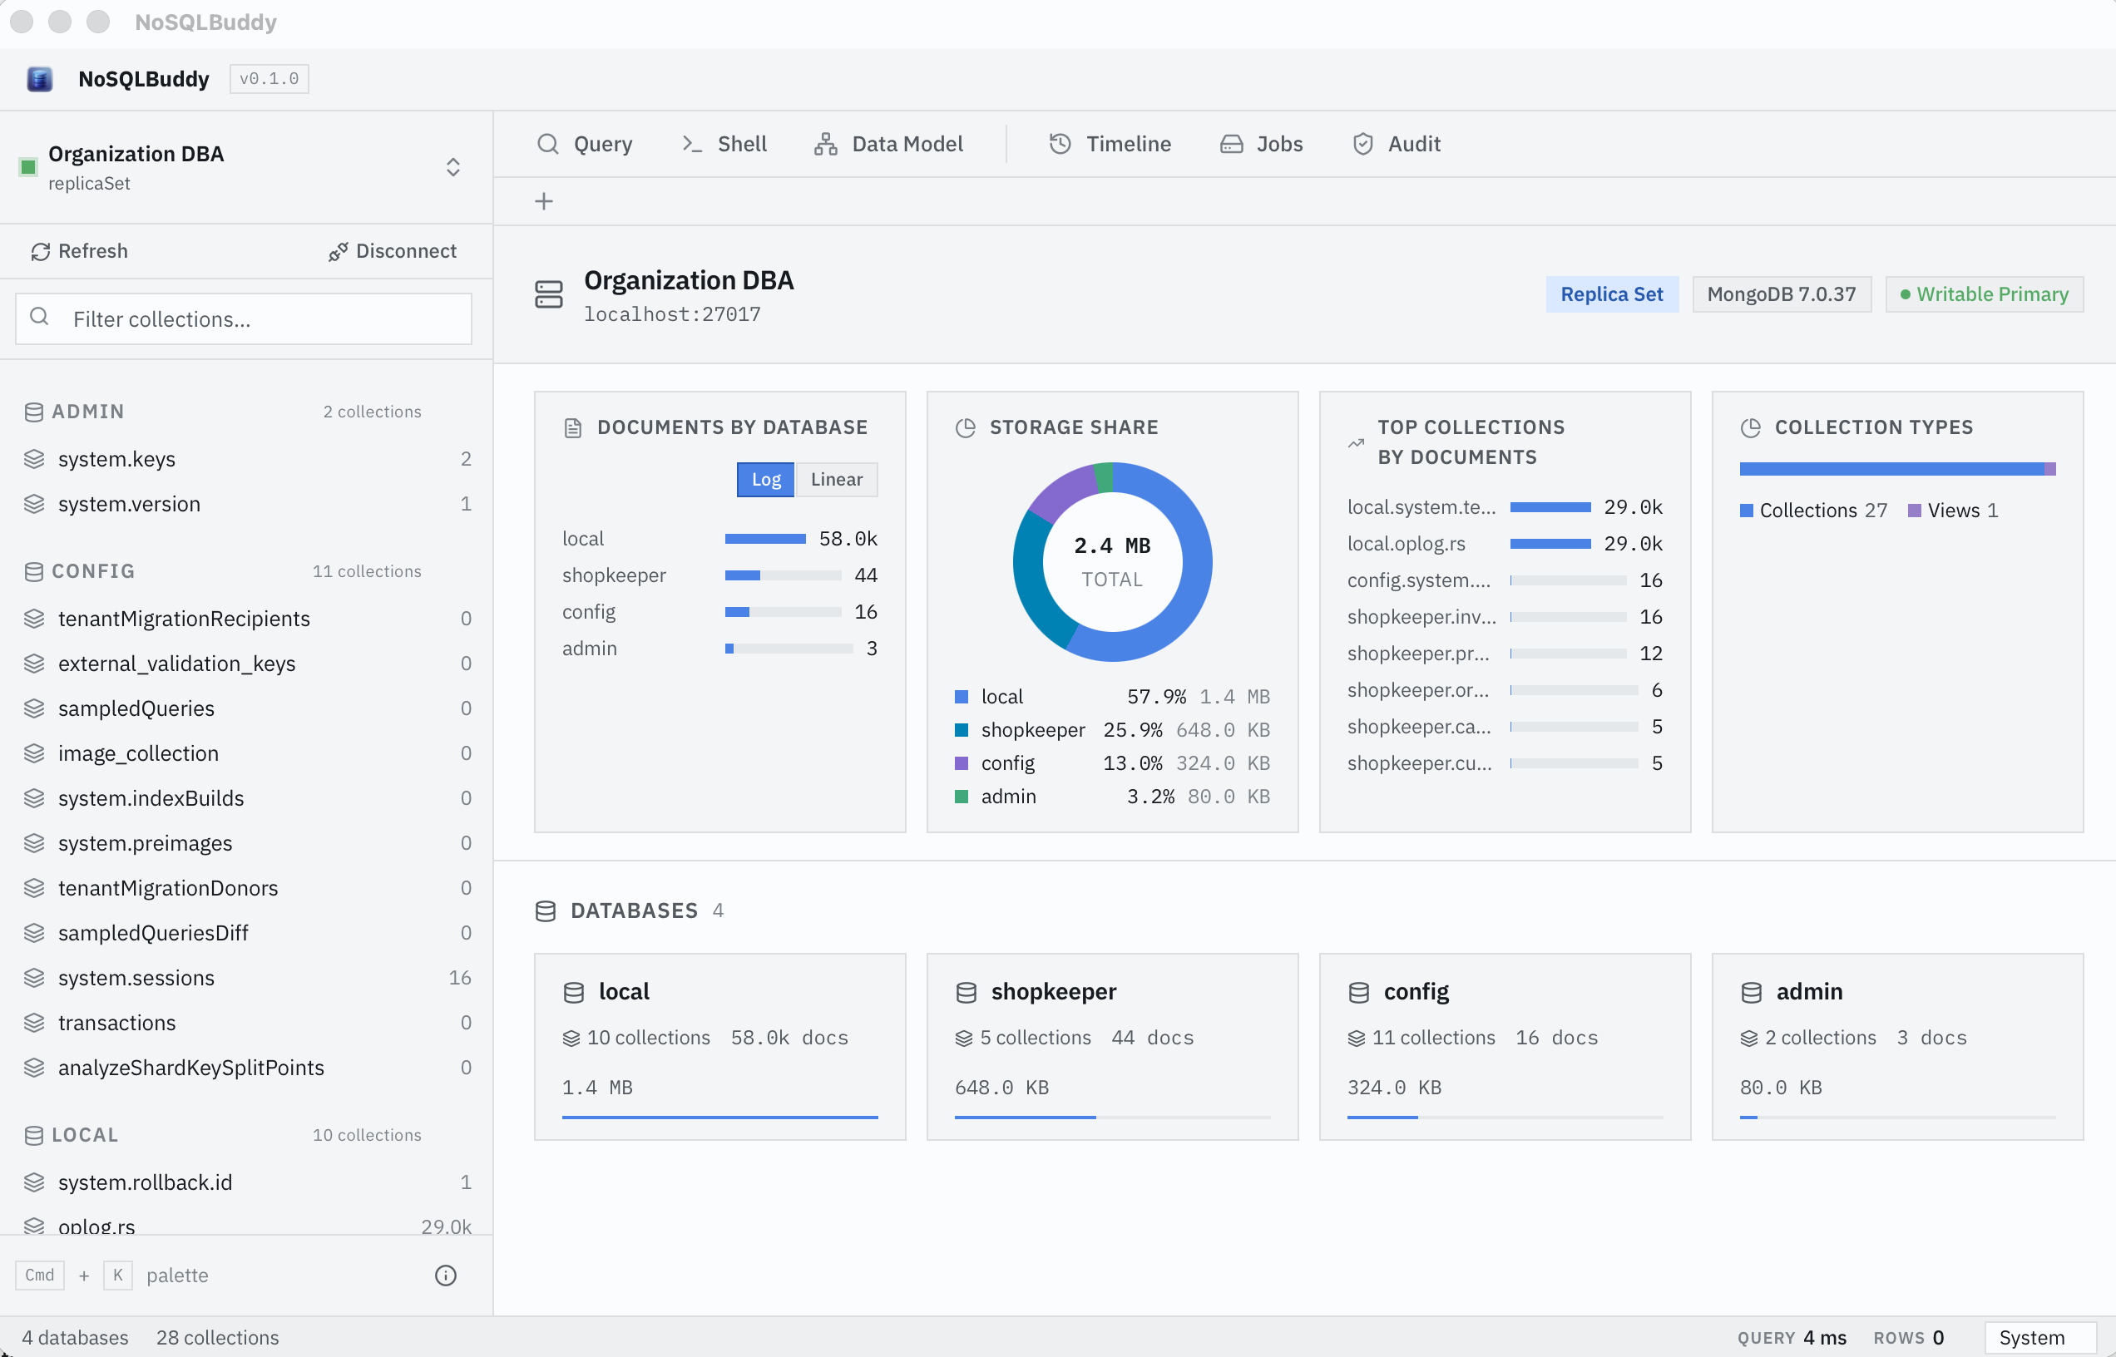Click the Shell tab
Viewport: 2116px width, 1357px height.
point(724,144)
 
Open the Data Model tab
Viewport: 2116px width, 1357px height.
point(888,144)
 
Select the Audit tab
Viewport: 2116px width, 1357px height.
point(1397,144)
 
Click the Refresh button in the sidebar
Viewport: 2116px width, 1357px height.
point(79,251)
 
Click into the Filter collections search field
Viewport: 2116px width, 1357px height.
point(243,319)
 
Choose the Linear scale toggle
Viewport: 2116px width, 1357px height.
point(837,479)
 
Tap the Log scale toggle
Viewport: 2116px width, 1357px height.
point(766,479)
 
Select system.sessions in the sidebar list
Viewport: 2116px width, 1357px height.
point(136,977)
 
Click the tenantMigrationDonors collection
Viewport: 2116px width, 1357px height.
point(167,887)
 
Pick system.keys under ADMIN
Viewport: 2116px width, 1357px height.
point(116,458)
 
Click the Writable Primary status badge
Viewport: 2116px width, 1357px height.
point(1984,294)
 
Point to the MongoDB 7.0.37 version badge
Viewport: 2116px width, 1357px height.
point(1781,294)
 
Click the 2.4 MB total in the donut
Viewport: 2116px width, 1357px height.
point(1112,545)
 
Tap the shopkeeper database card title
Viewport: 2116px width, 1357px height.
point(1053,991)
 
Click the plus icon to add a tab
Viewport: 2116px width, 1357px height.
point(544,202)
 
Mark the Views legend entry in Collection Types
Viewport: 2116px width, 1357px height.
point(1952,511)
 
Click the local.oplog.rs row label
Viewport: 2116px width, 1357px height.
point(1406,544)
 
